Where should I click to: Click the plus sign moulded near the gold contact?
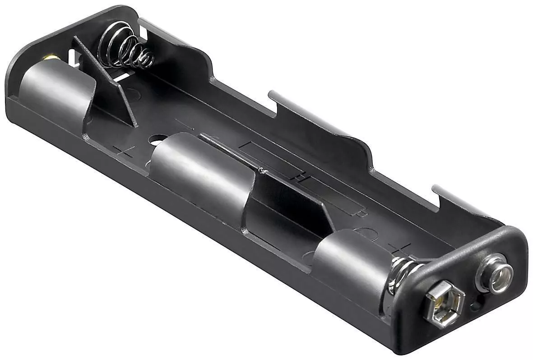[x=122, y=151]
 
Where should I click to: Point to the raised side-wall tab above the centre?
[x=316, y=113]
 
